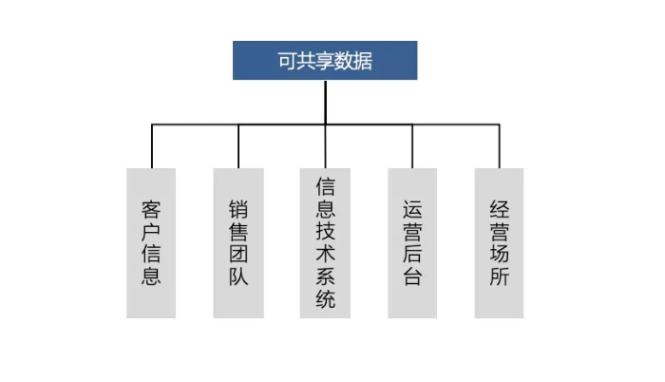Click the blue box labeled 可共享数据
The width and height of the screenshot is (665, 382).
325,60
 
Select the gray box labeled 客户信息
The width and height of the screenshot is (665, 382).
151,243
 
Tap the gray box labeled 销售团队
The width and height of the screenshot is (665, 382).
238,243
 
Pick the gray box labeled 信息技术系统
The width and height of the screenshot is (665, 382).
325,243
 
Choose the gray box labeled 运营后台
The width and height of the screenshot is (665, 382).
412,243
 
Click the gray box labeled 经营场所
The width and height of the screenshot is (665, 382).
499,243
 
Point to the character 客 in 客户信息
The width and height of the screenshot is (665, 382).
151,210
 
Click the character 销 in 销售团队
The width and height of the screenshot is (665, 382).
238,210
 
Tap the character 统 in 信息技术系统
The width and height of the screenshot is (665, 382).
325,298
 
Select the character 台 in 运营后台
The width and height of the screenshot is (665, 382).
412,277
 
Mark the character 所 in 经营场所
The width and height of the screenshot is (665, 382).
499,277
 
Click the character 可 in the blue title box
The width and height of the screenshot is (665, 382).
287,61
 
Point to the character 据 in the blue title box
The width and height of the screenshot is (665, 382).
363,61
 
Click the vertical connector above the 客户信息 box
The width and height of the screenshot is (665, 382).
152,146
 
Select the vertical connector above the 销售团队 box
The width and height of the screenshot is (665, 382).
238,146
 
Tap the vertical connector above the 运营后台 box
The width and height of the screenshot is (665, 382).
412,146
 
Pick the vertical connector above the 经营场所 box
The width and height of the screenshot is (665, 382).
499,146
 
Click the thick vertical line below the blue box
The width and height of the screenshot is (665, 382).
325,102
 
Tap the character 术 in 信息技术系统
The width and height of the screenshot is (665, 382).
325,255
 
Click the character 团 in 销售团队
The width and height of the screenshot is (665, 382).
238,255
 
